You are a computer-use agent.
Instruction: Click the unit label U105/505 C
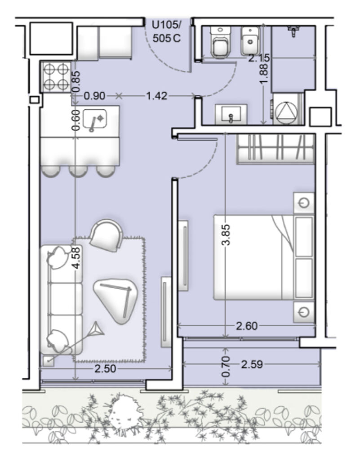pyautogui.click(x=166, y=32)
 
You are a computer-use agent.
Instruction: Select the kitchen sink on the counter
pyautogui.click(x=95, y=120)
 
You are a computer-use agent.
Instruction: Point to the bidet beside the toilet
pyautogui.click(x=250, y=41)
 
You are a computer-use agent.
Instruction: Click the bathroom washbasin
pyautogui.click(x=231, y=115)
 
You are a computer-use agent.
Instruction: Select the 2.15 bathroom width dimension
pyautogui.click(x=259, y=58)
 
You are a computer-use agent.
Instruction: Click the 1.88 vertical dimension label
pyautogui.click(x=264, y=74)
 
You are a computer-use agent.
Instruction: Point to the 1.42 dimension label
pyautogui.click(x=157, y=96)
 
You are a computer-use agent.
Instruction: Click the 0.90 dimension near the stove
pyautogui.click(x=94, y=96)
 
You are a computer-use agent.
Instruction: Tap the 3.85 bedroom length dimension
pyautogui.click(x=226, y=234)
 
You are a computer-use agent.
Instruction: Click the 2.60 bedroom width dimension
pyautogui.click(x=247, y=326)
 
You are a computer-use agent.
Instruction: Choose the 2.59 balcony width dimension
pyautogui.click(x=252, y=364)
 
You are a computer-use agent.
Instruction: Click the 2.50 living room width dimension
pyautogui.click(x=105, y=369)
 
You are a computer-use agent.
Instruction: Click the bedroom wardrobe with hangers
pyautogui.click(x=276, y=148)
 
